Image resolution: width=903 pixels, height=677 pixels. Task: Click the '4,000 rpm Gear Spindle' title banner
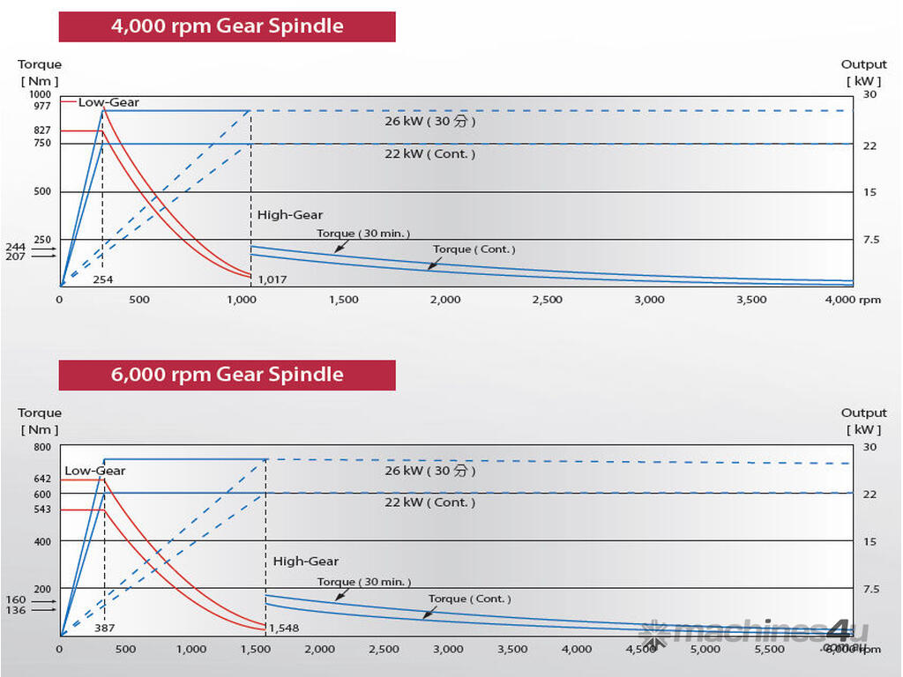pos(227,26)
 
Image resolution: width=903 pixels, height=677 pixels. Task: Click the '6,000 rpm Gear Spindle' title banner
pos(227,375)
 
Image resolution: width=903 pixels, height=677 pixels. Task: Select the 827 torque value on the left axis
pos(42,130)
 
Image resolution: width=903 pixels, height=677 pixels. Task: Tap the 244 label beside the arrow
pos(15,247)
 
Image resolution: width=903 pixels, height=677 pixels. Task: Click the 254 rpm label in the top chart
pos(104,279)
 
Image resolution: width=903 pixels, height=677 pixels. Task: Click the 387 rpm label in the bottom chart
pos(104,629)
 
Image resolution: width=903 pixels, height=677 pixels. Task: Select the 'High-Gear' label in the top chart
pos(290,214)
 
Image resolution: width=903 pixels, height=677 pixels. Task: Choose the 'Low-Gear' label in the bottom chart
pos(94,471)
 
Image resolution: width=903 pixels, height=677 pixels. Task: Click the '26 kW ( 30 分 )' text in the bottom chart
pos(429,471)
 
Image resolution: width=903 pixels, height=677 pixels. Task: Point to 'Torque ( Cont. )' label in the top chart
pos(474,249)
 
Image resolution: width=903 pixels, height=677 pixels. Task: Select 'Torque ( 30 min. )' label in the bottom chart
pos(364,582)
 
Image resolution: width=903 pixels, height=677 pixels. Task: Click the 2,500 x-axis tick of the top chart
pos(547,300)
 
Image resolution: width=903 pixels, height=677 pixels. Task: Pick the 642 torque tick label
pos(42,479)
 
